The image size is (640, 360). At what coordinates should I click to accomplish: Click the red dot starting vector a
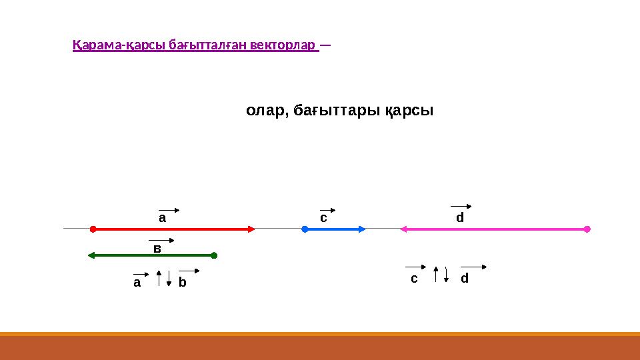pyautogui.click(x=93, y=229)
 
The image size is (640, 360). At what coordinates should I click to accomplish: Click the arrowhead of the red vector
pyautogui.click(x=251, y=229)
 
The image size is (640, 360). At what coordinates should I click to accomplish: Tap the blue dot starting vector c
pyautogui.click(x=304, y=229)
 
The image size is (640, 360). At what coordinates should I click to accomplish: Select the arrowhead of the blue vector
pyautogui.click(x=362, y=229)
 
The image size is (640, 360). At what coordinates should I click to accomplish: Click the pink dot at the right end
pyautogui.click(x=587, y=229)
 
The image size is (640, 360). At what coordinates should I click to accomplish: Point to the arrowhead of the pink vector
pyautogui.click(x=403, y=229)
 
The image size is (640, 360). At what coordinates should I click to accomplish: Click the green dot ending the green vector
pyautogui.click(x=214, y=255)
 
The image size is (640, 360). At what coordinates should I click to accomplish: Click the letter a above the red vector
pyautogui.click(x=161, y=217)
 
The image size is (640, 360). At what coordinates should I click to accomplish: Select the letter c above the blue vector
pyautogui.click(x=323, y=217)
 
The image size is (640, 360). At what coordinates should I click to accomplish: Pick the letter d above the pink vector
pyautogui.click(x=459, y=217)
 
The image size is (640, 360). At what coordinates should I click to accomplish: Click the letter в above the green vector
pyautogui.click(x=157, y=248)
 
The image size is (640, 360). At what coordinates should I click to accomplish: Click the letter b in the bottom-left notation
pyautogui.click(x=182, y=283)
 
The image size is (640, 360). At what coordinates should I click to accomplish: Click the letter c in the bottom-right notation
pyautogui.click(x=413, y=278)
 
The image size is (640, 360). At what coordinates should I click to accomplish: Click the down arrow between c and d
pyautogui.click(x=446, y=275)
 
